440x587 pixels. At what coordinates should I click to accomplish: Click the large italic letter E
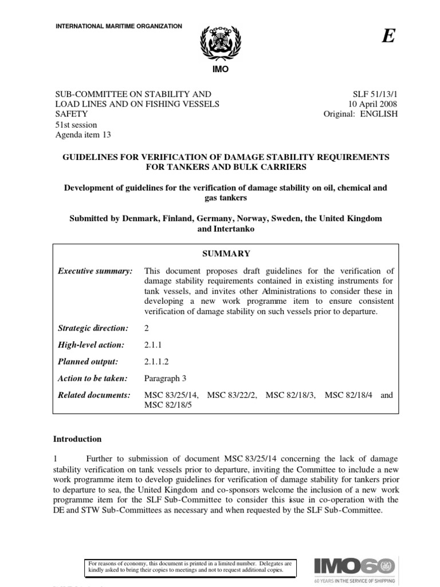388,36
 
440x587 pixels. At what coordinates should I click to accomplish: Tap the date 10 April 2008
373,104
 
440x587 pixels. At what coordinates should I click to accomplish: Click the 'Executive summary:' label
95,271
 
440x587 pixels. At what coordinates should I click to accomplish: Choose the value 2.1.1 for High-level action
154,345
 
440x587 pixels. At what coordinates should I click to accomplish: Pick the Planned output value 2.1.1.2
157,362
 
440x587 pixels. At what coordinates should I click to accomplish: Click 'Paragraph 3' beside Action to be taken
166,378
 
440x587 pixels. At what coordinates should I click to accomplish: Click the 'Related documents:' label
95,396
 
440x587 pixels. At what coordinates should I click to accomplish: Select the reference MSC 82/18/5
167,405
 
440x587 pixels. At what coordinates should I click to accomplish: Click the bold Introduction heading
77,439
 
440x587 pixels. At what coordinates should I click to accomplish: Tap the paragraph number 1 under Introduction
56,458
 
